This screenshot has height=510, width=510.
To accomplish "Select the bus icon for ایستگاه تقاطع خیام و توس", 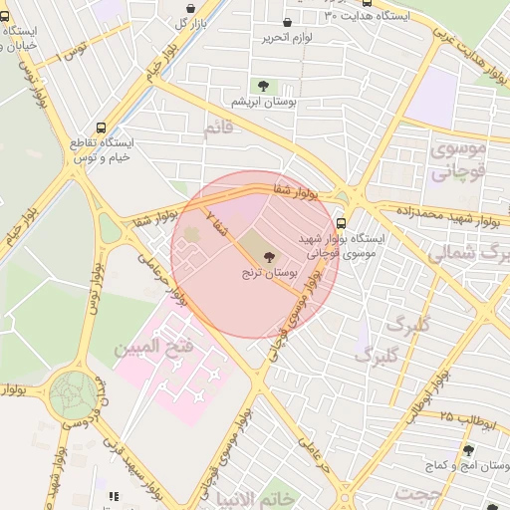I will [101, 128].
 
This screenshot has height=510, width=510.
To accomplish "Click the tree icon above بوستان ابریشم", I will [263, 87].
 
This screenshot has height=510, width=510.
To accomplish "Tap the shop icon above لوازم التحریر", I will [288, 23].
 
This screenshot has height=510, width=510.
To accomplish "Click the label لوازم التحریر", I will [289, 38].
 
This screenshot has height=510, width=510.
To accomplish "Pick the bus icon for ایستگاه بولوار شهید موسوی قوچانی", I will [342, 223].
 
